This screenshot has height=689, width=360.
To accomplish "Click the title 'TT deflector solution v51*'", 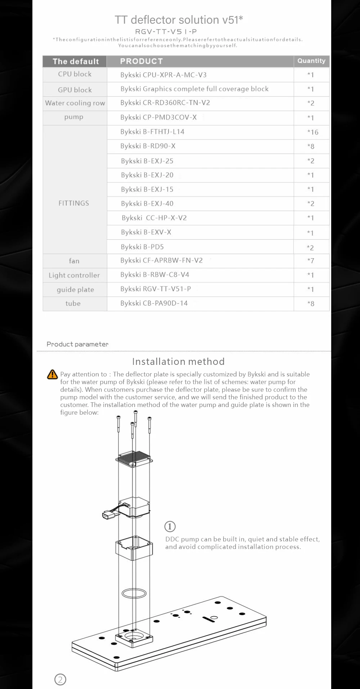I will tap(179, 19).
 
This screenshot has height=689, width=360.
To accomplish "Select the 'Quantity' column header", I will tap(311, 61).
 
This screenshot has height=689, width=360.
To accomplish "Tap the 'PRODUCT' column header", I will tap(141, 61).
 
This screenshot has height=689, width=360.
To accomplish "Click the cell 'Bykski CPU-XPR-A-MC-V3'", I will tap(163, 75).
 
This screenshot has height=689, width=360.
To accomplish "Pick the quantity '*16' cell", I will tap(312, 132).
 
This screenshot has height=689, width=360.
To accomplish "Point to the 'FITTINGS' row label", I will tap(74, 203).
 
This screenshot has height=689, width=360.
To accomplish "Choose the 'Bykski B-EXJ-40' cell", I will tap(147, 203).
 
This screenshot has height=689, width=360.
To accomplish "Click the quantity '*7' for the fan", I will tap(311, 261).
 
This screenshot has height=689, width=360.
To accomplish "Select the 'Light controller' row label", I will tap(74, 275).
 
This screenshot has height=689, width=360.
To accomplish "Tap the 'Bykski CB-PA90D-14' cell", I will tap(154, 303).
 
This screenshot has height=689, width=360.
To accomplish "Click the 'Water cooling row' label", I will tap(75, 103).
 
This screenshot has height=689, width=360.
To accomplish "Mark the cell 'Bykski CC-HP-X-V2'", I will tap(154, 218).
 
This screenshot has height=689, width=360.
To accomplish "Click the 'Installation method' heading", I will tap(178, 361).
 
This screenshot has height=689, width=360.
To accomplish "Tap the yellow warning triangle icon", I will tap(53, 375).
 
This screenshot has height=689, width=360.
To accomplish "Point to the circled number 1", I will tap(170, 527).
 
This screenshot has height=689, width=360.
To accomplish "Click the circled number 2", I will tap(60, 679).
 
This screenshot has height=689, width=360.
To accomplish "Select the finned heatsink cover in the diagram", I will tap(134, 458).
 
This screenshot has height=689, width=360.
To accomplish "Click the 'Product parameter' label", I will tap(77, 344).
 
